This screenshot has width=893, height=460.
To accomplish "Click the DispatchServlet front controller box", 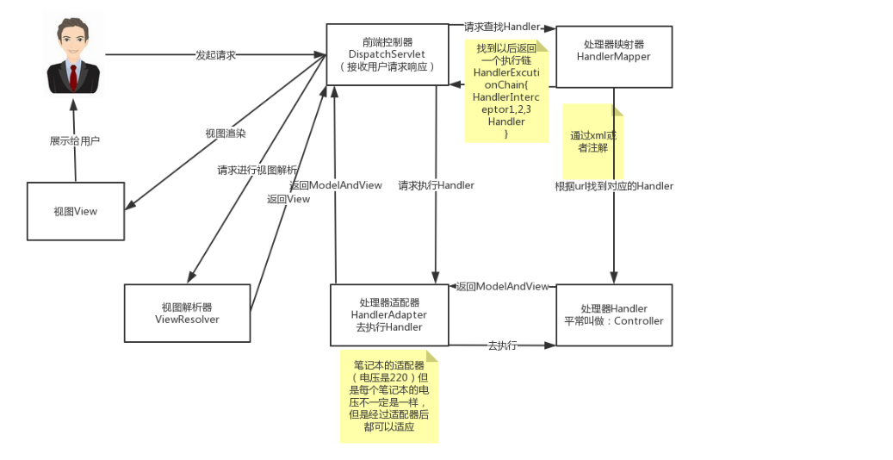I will coord(387,53).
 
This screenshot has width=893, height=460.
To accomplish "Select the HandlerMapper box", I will coord(613,57).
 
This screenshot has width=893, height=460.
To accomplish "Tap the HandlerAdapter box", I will coord(389,314).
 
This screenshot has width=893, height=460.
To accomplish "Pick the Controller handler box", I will coord(613,314).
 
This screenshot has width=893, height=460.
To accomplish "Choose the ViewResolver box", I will coord(187,313).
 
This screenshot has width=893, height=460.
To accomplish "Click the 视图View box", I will coord(76,211).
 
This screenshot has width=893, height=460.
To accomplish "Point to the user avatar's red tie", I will coord(73,77).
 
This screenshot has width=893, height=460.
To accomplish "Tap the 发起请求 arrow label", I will coord(215,55).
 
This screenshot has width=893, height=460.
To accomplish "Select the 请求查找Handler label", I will coord(502,27).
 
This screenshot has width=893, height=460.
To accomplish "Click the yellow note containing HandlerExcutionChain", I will coord(506,90).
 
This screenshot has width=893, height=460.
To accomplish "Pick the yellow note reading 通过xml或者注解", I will coord(592,141).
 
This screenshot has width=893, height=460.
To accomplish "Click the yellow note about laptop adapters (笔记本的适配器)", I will coord(388,396).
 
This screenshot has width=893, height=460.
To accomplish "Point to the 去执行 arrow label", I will coord(502,345).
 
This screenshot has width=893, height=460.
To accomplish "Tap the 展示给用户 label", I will coord(75,140).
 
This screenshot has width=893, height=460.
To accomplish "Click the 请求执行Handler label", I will coord(436,185).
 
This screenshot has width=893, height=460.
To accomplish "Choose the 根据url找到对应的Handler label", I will coord(614,186).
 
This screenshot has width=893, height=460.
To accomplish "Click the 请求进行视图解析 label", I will coord(257,170).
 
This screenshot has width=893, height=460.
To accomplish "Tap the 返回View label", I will coord(288,199).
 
